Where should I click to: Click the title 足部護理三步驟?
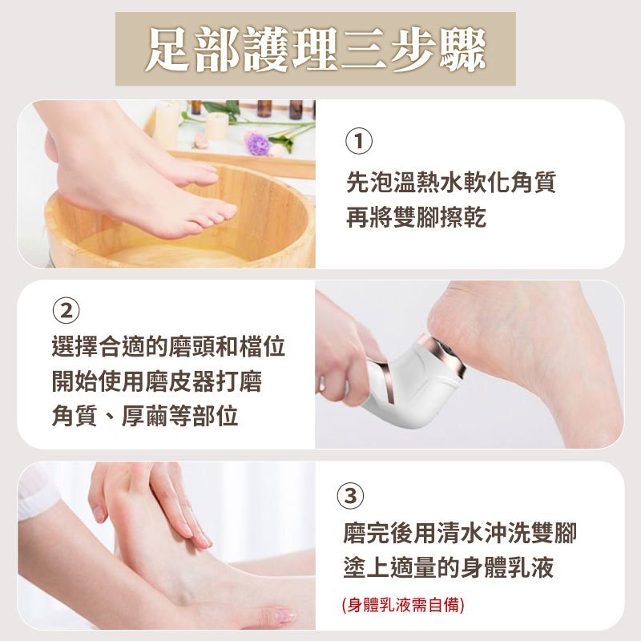click(x=315, y=50)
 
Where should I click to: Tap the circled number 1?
click(x=359, y=141)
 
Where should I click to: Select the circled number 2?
click(x=66, y=311)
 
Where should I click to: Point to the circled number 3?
click(x=350, y=495)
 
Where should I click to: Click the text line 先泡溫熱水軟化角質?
click(x=451, y=182)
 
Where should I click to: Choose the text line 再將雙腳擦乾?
click(x=416, y=216)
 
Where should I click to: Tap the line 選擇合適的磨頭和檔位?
click(x=168, y=346)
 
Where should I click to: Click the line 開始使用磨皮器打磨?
click(x=156, y=381)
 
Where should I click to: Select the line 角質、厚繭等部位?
click(x=145, y=416)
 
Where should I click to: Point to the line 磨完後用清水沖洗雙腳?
click(x=460, y=533)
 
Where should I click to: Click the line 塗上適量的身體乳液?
click(x=449, y=568)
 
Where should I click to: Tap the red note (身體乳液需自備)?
click(x=403, y=605)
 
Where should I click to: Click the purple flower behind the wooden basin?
click(x=256, y=143)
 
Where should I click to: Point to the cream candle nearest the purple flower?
click(x=216, y=126)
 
